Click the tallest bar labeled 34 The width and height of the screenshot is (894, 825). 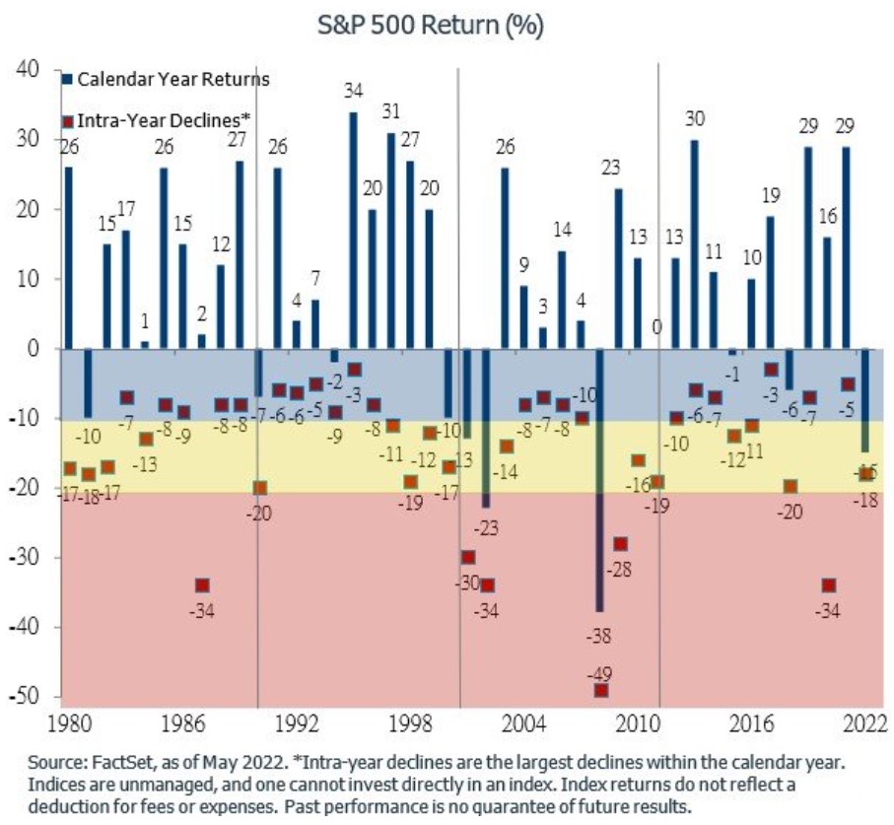click(x=353, y=231)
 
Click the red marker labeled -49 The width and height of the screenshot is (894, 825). click(x=600, y=690)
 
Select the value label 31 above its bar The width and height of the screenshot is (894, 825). click(x=391, y=109)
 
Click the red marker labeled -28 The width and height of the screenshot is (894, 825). click(x=620, y=544)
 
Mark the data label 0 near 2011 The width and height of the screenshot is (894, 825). click(x=656, y=328)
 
